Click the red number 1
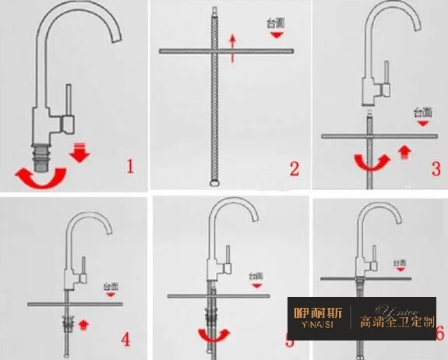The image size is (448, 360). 129,165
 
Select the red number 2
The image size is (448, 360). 294,168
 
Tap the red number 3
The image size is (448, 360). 436,168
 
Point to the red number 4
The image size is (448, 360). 125,339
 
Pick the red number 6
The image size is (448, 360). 439,334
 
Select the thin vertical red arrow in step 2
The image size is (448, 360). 231,49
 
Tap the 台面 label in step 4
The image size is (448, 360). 112,287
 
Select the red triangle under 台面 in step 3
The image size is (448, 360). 422,122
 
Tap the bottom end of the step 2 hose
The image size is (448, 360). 213,184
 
